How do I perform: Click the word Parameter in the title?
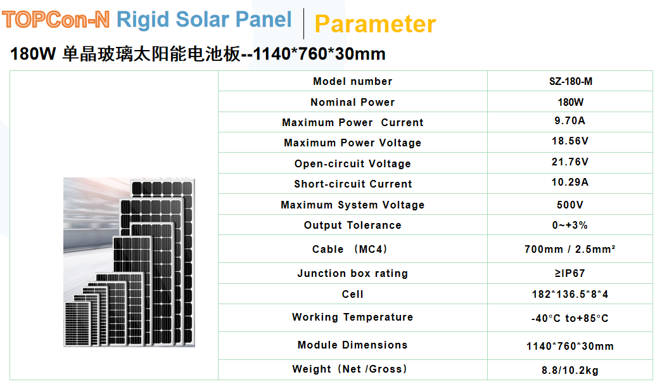pos(375,23)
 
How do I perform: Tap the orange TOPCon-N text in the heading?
pos(56,20)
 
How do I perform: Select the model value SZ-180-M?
pos(570,81)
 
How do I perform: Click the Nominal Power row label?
pos(352,102)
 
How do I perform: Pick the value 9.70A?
pos(570,121)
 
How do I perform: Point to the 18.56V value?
pos(570,141)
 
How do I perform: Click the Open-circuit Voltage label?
pos(352,163)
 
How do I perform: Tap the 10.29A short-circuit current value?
pos(570,182)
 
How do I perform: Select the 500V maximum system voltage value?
pos(570,205)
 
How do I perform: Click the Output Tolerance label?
pos(352,225)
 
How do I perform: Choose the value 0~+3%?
pos(570,225)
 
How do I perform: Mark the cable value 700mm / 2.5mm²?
pos(570,249)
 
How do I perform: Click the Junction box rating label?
pos(352,273)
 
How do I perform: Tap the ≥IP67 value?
pos(570,273)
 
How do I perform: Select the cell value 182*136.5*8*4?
pos(570,294)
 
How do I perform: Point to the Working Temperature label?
pos(352,317)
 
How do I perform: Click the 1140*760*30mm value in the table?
pos(570,347)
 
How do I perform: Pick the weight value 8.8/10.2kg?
pos(570,371)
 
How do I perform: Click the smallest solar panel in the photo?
pos(77,324)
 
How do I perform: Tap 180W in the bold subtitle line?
pos(33,54)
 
